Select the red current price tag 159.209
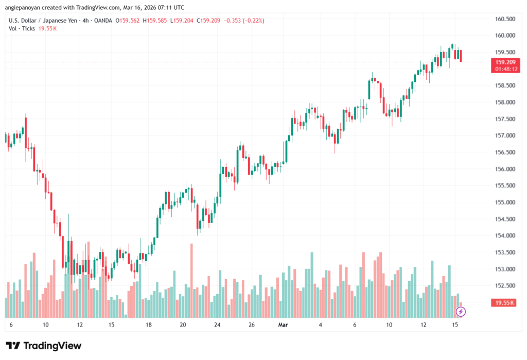[505, 62]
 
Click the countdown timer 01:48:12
[505, 68]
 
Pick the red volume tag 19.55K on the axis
[505, 303]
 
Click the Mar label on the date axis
[283, 325]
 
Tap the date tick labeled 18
[148, 325]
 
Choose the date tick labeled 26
[252, 325]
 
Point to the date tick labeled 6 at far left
[11, 325]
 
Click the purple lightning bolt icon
[461, 311]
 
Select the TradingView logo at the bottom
[43, 346]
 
